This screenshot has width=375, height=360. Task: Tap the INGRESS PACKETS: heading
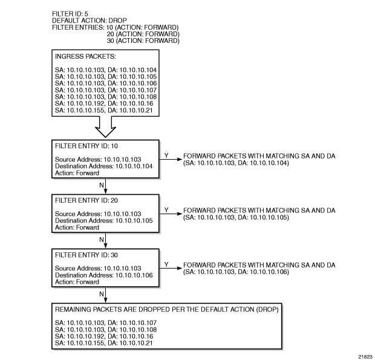tap(81, 57)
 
